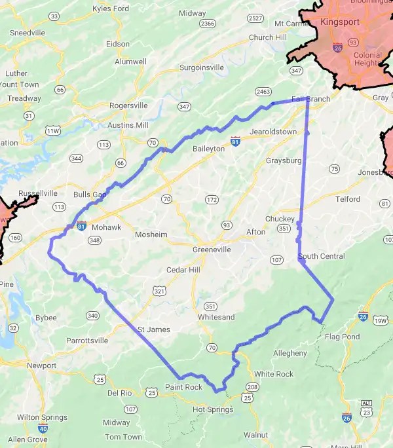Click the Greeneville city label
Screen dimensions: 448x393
[212, 250]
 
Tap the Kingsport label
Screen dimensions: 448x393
[341, 22]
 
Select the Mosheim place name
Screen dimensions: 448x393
[151, 234]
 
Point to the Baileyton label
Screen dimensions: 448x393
[208, 149]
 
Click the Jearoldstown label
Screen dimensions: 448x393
[273, 132]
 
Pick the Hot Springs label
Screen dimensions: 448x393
[213, 409]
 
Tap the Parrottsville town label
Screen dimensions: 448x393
[91, 341]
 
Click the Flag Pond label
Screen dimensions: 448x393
[343, 337]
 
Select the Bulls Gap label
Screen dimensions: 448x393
[90, 195]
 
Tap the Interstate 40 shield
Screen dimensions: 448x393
[43, 428]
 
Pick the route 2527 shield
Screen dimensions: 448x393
[256, 18]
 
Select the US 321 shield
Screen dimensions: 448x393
[159, 289]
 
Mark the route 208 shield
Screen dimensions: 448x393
[252, 388]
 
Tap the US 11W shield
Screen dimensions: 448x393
[52, 131]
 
